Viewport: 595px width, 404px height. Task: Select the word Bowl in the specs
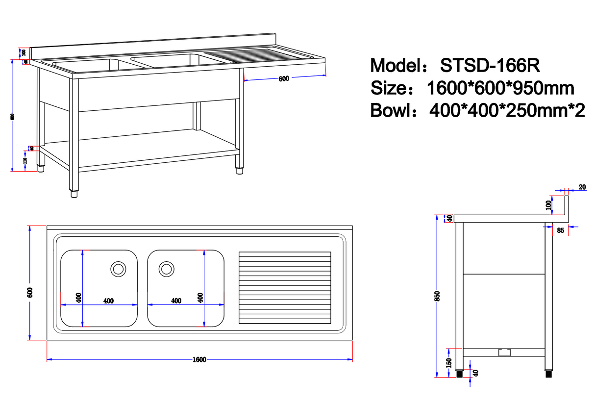(x=390, y=110)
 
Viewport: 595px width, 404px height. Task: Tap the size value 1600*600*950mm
(x=500, y=88)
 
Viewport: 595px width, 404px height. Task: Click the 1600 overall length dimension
(x=199, y=359)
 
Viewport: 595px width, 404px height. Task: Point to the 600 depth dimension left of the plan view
(x=29, y=293)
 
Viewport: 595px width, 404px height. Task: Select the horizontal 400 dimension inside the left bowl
(x=109, y=301)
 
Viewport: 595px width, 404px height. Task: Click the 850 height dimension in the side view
(x=438, y=296)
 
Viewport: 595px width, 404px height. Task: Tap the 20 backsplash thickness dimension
(x=582, y=187)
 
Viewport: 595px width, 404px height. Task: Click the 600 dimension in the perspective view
(x=283, y=79)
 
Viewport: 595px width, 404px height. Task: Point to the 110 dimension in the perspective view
(x=25, y=160)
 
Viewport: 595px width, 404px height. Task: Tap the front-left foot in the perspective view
(x=74, y=193)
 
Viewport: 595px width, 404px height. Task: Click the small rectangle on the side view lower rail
(x=503, y=352)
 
